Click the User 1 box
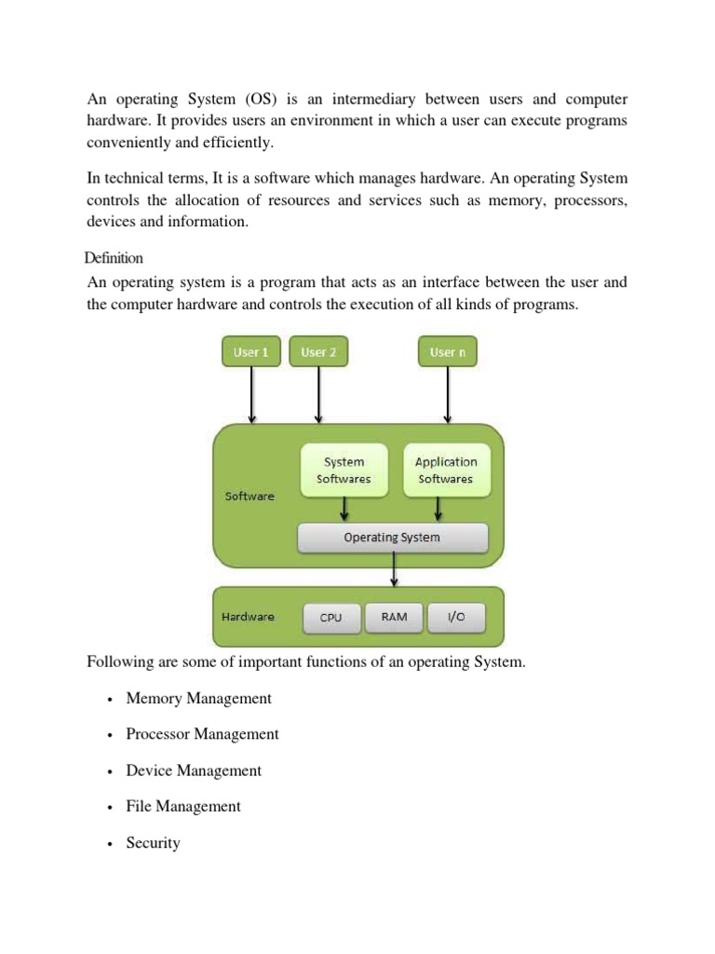tap(251, 352)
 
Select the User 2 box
tap(318, 352)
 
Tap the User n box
tap(448, 352)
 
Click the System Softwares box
tap(344, 470)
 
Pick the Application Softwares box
tap(445, 470)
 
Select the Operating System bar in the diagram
tap(392, 538)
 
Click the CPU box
tap(331, 618)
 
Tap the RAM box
tap(394, 617)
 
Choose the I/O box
tap(456, 617)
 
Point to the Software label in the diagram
tap(250, 497)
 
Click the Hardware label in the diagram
tap(248, 617)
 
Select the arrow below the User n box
tap(448, 394)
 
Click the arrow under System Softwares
tap(344, 509)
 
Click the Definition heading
tap(114, 257)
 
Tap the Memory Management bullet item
tap(198, 698)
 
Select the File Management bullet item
tap(183, 807)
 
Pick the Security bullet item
tap(153, 843)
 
